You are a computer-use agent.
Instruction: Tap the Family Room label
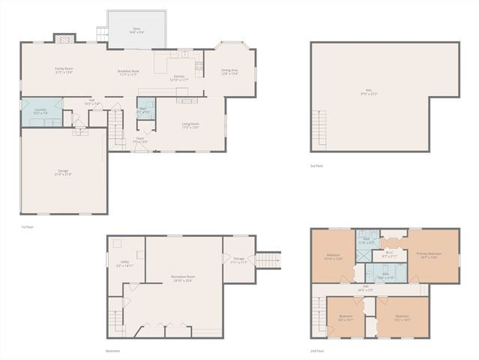point(64,70)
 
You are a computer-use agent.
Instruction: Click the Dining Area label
point(229,73)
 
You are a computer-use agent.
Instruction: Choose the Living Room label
point(190,125)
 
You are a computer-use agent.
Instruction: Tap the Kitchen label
point(179,79)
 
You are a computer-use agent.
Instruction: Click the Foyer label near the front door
point(140,140)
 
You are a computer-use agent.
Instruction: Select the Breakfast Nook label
point(129,73)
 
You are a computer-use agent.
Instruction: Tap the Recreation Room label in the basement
point(183,280)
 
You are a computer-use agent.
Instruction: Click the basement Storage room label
point(238,260)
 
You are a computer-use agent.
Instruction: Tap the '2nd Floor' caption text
point(317,350)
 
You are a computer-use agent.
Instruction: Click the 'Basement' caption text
point(113,350)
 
